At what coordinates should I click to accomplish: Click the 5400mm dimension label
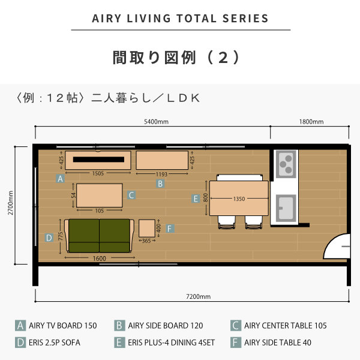click(x=156, y=121)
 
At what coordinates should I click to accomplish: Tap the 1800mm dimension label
click(x=311, y=121)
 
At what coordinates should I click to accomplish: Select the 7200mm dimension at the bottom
click(x=199, y=296)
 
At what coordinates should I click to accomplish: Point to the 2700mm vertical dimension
click(x=11, y=203)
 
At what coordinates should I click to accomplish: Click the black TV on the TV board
click(x=98, y=160)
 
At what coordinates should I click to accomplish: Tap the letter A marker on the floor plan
click(x=60, y=178)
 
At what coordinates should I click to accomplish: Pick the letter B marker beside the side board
click(x=160, y=184)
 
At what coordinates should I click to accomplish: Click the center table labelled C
click(x=100, y=196)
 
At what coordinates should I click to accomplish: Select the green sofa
click(x=99, y=236)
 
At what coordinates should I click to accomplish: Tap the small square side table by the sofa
click(x=147, y=228)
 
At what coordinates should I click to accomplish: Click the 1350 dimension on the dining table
click(x=239, y=199)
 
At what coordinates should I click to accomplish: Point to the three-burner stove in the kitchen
click(x=286, y=164)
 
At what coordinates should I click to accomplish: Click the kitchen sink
click(x=286, y=208)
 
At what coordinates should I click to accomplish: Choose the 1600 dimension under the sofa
click(x=100, y=259)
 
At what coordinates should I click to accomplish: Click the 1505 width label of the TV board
click(x=98, y=173)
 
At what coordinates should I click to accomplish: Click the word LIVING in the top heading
click(x=149, y=19)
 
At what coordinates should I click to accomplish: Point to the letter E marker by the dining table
click(x=196, y=199)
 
